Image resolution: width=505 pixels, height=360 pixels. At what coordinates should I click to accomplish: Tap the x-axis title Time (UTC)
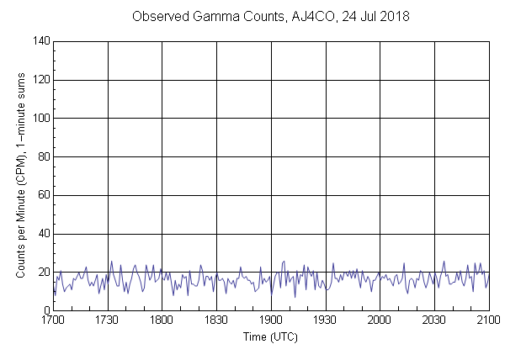(271, 336)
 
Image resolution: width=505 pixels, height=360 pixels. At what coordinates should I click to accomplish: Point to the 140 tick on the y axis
(40, 41)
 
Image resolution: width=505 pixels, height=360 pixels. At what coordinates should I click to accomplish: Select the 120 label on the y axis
(40, 80)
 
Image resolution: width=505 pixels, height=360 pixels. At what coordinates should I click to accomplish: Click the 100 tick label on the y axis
(40, 119)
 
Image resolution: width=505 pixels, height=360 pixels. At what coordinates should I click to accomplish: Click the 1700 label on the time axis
(53, 320)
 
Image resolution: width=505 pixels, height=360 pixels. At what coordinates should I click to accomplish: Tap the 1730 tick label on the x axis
(108, 320)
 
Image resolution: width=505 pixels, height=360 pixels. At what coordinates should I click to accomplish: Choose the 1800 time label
(162, 320)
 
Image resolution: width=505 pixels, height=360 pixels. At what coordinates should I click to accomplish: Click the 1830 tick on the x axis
(216, 320)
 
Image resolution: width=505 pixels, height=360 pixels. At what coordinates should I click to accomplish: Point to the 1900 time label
(271, 320)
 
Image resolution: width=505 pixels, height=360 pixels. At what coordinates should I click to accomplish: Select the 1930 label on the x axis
(326, 320)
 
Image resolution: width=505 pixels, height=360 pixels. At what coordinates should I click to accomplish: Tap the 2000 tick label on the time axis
(380, 320)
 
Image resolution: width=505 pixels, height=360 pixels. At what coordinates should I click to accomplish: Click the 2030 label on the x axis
(434, 320)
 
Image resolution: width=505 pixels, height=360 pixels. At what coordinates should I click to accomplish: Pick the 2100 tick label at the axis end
(488, 320)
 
